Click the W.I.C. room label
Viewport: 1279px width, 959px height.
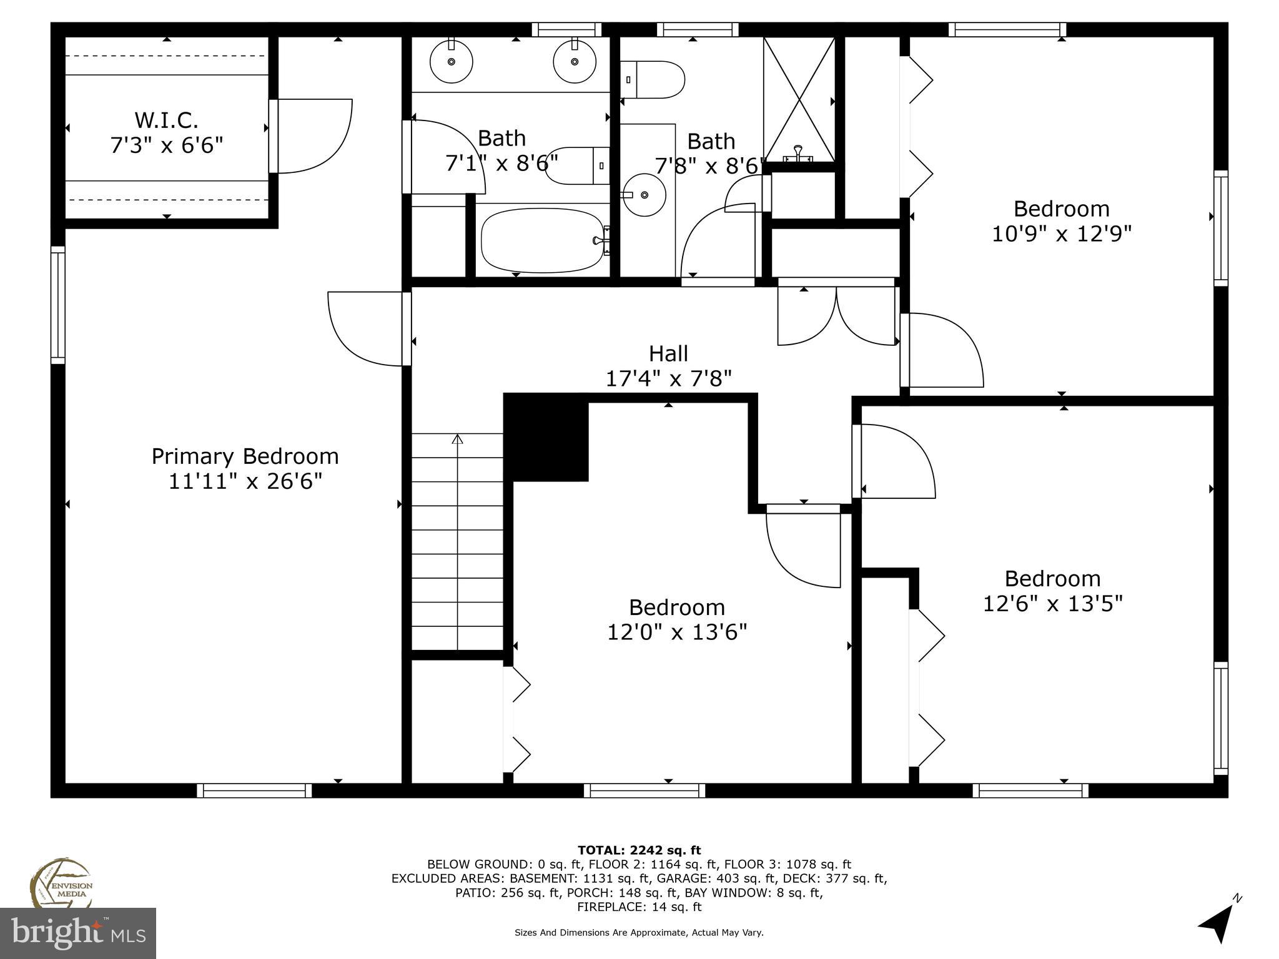click(x=166, y=119)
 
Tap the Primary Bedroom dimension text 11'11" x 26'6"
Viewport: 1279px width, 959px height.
click(x=245, y=481)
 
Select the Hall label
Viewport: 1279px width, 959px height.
click(x=668, y=353)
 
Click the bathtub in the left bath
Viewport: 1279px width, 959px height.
click(x=541, y=240)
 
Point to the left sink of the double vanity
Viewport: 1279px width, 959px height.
click(x=451, y=62)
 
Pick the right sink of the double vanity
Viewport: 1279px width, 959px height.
click(x=574, y=62)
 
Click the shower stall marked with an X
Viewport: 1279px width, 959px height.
click(x=799, y=100)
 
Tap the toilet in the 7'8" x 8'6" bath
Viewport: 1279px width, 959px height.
click(x=653, y=79)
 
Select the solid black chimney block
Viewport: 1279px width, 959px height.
click(x=546, y=437)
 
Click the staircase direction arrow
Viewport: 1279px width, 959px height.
click(x=457, y=440)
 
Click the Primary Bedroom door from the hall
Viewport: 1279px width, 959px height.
click(x=365, y=329)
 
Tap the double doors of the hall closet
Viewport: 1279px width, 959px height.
click(x=836, y=315)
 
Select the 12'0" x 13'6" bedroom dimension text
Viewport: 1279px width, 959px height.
click(x=677, y=632)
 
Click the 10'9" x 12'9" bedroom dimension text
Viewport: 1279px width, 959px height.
click(x=1062, y=234)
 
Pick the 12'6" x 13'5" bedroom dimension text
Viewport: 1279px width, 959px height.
click(x=1052, y=604)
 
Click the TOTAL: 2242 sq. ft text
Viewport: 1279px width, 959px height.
click(x=639, y=850)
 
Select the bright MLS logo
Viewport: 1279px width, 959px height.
click(x=78, y=933)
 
